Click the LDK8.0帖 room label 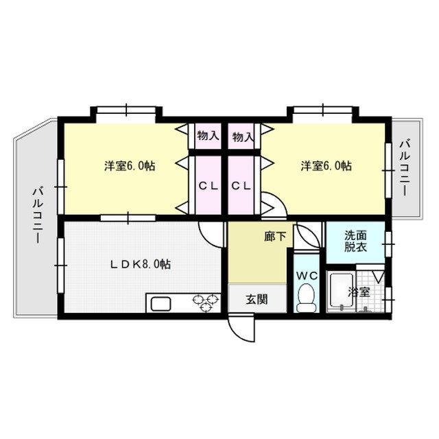point(141,264)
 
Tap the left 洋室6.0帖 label point(129,166)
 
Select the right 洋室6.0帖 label point(326,166)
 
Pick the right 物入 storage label point(243,137)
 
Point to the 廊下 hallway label point(275,236)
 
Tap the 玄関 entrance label point(257,299)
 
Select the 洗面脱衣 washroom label point(355,241)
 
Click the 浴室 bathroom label point(359,292)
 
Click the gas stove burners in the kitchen point(204,302)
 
